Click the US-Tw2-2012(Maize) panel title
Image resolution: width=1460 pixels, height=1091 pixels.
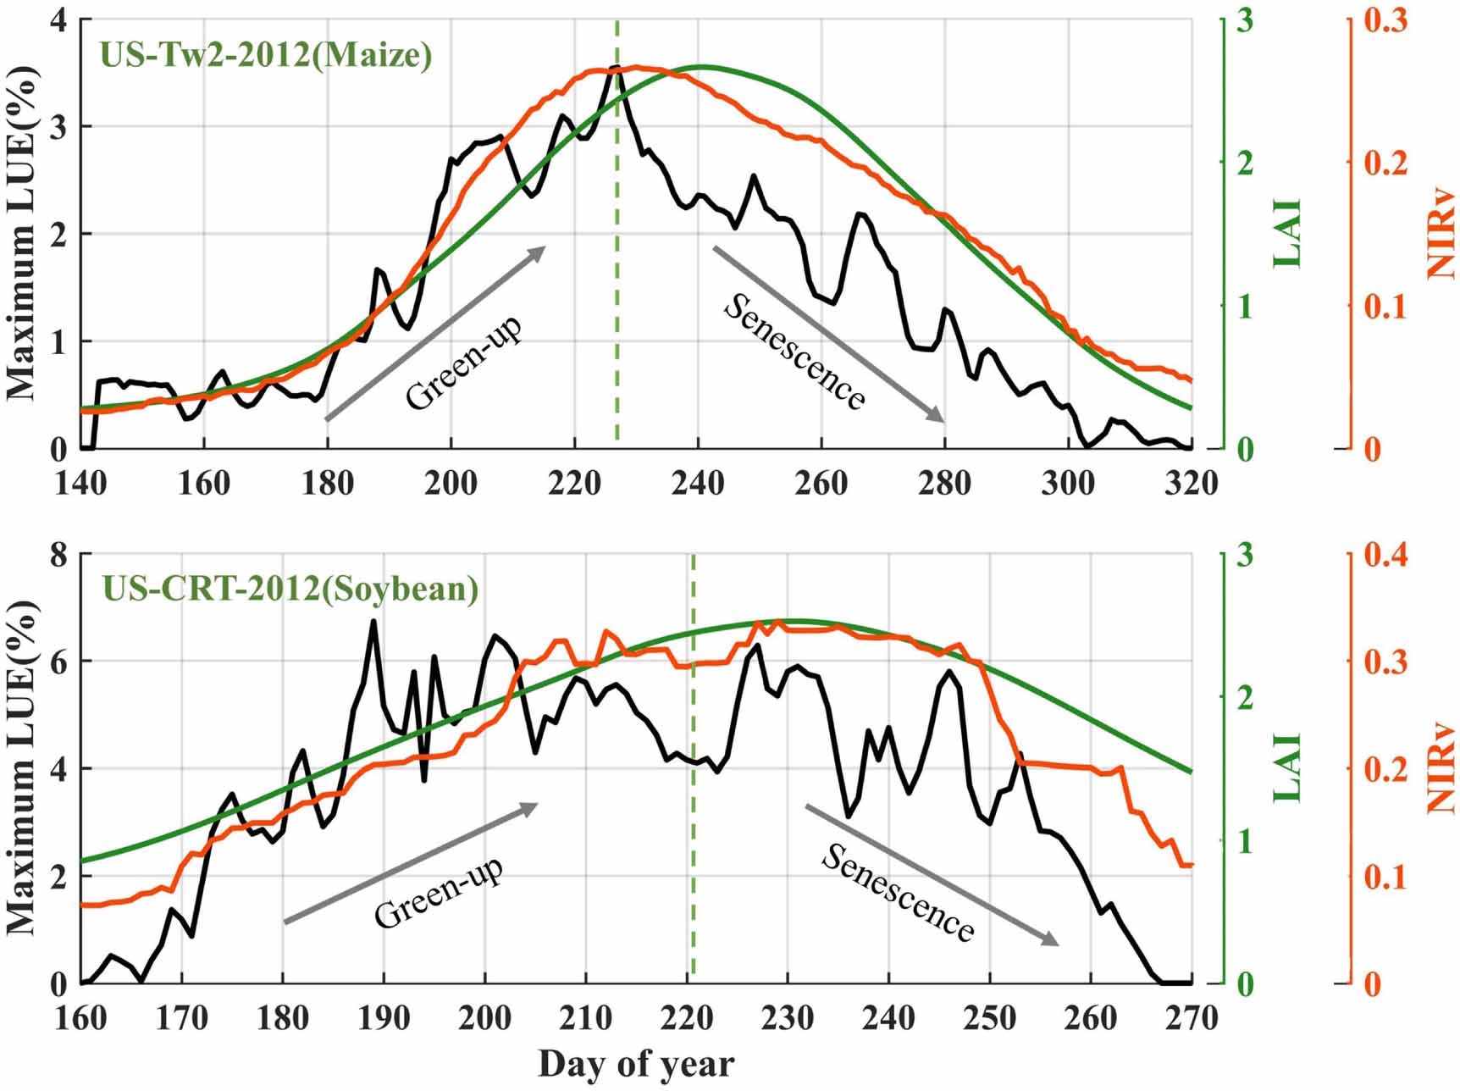(266, 55)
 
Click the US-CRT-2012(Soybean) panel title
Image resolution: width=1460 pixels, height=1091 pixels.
(290, 588)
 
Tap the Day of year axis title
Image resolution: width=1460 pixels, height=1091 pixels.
(636, 1064)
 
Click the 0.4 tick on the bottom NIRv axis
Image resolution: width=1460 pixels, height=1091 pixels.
(1385, 556)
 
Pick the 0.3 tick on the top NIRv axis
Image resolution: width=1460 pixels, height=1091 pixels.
(1385, 20)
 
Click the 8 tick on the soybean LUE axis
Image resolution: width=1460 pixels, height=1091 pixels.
(58, 556)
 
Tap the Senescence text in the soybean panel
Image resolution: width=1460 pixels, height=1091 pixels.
(898, 894)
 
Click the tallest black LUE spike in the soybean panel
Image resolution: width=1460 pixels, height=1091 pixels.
(373, 622)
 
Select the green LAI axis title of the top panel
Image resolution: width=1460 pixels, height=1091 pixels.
(1286, 234)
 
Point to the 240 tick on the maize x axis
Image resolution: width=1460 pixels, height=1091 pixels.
(699, 484)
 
